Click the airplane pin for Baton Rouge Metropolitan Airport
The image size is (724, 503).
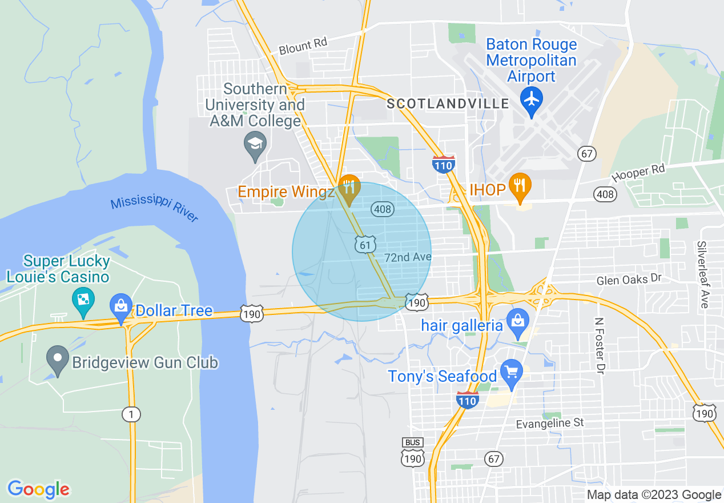[532, 99]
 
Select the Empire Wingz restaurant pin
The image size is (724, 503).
[348, 187]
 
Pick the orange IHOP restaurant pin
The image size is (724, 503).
[520, 186]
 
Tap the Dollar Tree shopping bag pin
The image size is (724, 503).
[121, 305]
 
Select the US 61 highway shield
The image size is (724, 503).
[365, 245]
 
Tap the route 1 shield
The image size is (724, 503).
[131, 414]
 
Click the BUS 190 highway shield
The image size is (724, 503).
[412, 454]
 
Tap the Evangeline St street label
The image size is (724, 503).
[550, 423]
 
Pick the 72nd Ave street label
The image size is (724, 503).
[408, 257]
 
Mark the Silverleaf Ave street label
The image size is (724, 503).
[703, 274]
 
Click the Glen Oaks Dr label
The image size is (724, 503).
[628, 280]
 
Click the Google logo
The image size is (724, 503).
[38, 489]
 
